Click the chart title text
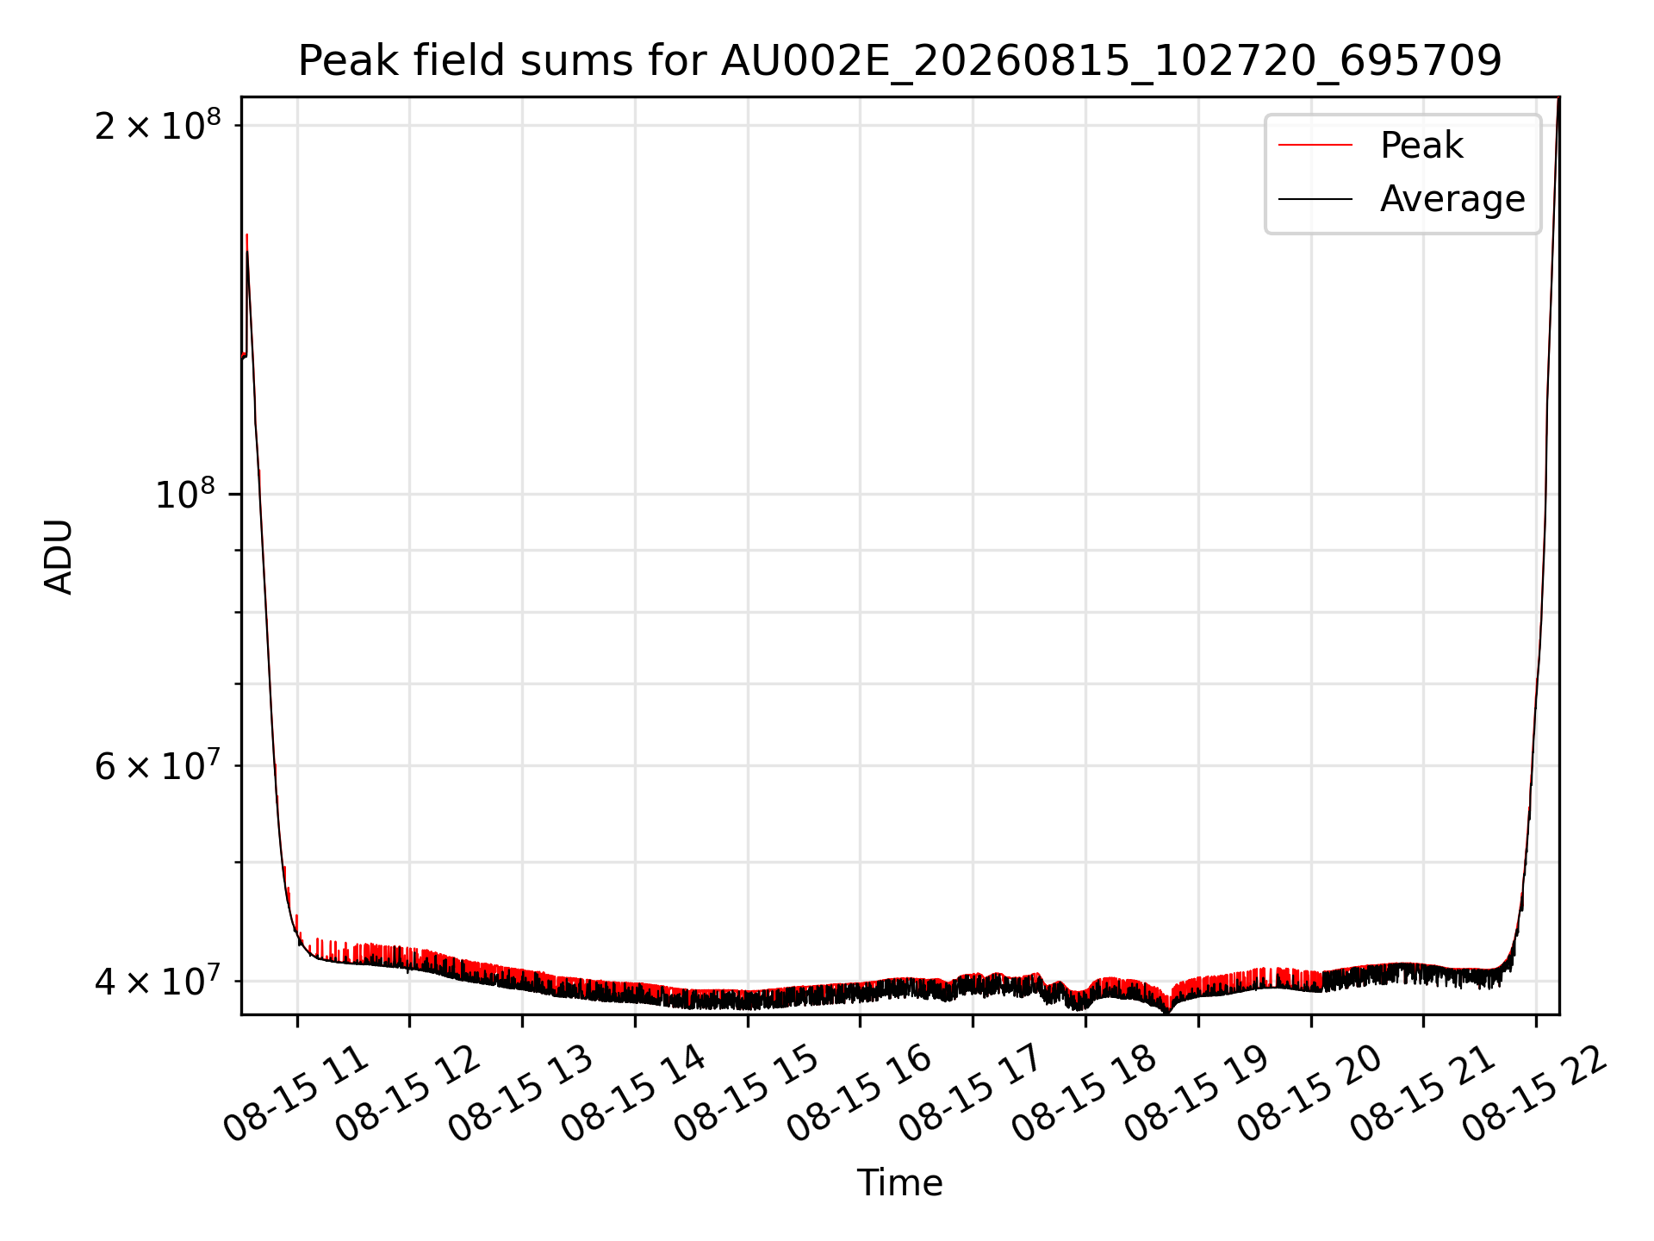(x=899, y=61)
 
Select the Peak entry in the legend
(x=1421, y=146)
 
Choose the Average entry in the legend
(x=1452, y=199)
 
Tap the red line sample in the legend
(x=1315, y=146)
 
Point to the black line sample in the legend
(x=1315, y=199)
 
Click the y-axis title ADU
(x=59, y=556)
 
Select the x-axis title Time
(x=899, y=1182)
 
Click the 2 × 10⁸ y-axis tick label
(x=157, y=126)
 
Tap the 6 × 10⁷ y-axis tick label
(x=157, y=765)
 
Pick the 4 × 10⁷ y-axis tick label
(x=157, y=981)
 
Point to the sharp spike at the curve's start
(x=247, y=238)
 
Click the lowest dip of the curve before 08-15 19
(x=1167, y=1009)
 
